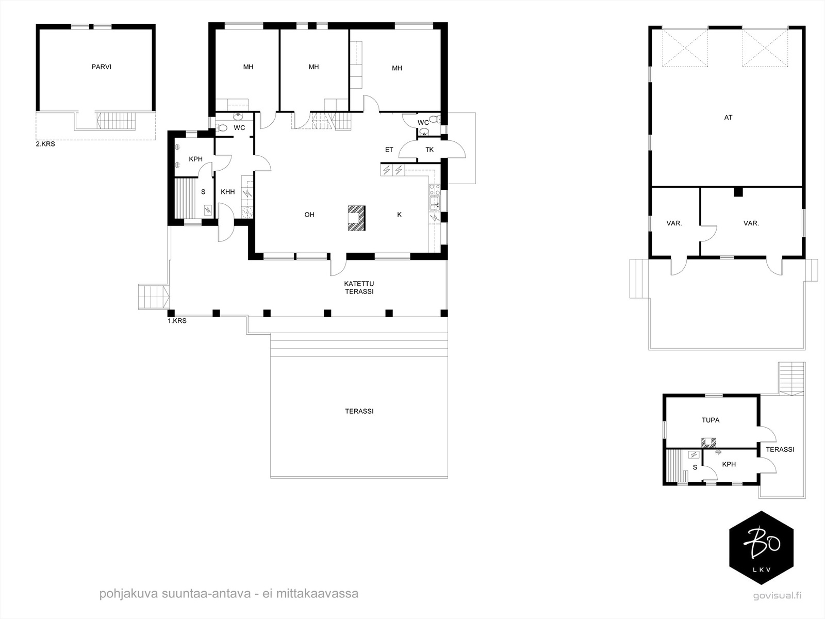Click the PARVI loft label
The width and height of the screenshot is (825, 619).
(x=102, y=67)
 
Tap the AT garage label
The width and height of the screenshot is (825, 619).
(x=729, y=117)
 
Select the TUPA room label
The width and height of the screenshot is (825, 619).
(x=711, y=420)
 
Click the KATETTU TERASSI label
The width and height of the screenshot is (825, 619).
(x=359, y=287)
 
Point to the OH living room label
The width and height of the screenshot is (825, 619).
(x=309, y=215)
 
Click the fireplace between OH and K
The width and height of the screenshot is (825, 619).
(x=356, y=218)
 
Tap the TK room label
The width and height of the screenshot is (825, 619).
(x=430, y=150)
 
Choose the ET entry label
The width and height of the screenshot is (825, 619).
(x=389, y=150)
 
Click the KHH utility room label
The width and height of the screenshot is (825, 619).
(x=228, y=192)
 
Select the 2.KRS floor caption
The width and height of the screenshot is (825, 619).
(x=45, y=144)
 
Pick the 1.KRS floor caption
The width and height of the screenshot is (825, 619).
(x=177, y=321)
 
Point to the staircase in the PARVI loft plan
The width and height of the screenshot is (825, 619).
(x=116, y=121)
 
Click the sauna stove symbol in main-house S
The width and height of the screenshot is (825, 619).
(x=207, y=210)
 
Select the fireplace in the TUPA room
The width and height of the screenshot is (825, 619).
(x=708, y=443)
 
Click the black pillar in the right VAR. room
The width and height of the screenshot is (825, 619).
(x=738, y=192)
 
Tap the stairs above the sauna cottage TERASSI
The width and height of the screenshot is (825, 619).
(x=791, y=379)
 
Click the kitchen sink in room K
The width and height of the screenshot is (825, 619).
(x=435, y=203)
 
